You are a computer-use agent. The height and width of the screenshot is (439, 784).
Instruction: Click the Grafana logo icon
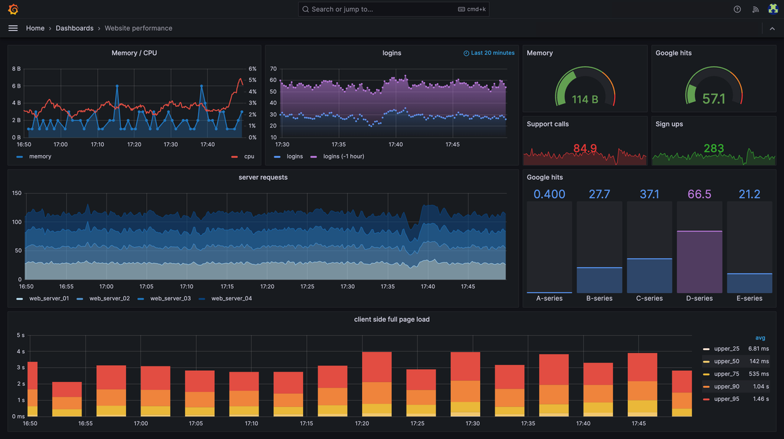(13, 9)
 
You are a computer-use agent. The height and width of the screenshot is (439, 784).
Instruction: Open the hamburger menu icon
(13, 28)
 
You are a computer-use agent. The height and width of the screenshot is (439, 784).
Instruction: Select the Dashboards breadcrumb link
(74, 28)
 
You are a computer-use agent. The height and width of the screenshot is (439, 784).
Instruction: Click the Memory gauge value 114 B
(585, 99)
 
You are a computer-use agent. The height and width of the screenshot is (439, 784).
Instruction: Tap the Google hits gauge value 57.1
(713, 99)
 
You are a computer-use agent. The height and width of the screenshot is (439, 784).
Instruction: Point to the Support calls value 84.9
(585, 149)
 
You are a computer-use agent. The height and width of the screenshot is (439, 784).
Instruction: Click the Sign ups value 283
(713, 149)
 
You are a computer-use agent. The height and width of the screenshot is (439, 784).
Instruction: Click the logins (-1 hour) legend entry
(341, 156)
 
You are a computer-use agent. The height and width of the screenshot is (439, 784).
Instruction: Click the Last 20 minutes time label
(492, 53)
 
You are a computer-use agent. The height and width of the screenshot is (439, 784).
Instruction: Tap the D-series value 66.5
(699, 194)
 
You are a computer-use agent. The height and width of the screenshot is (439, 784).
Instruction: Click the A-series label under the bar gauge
(549, 298)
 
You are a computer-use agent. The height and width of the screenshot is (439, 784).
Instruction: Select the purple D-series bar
(699, 262)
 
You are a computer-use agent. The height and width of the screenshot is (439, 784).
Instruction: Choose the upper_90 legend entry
(727, 386)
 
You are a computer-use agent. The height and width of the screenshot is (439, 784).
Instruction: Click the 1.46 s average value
(759, 398)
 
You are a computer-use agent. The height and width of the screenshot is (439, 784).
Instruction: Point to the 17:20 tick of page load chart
(362, 424)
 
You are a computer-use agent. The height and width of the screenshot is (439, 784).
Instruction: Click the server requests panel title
(263, 177)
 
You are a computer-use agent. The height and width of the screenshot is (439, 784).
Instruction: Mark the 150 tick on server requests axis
(17, 193)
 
